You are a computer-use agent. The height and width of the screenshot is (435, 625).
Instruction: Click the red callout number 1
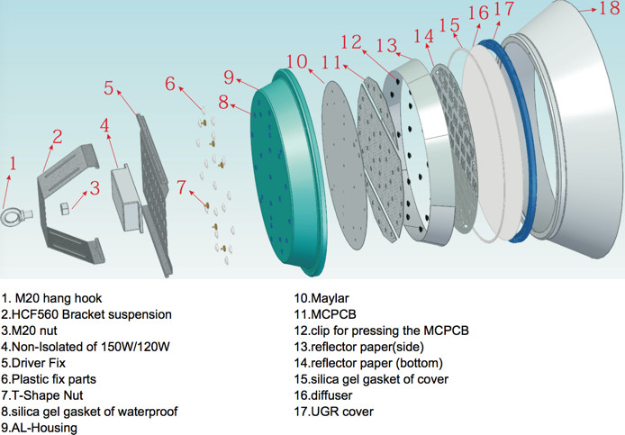coord(13,163)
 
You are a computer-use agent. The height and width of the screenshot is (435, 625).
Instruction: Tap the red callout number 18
coord(609,11)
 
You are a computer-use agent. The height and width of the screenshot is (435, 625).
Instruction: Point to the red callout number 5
coord(109,88)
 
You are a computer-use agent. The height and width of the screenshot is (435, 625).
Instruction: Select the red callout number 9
coord(229,77)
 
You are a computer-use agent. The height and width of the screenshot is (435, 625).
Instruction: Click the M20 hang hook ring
coord(17,215)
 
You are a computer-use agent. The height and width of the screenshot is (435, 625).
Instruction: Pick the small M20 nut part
coord(66,209)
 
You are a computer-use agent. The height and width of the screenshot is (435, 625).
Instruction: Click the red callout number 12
coord(350,42)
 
